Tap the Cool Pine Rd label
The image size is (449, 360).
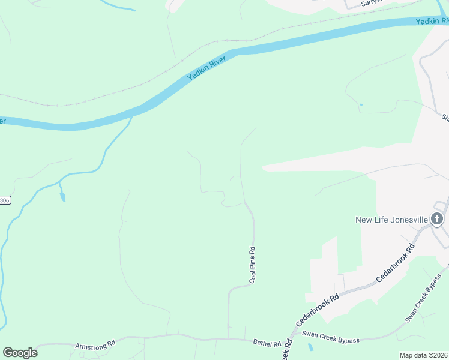253,265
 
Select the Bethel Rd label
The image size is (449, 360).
267,343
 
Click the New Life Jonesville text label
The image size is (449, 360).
392,220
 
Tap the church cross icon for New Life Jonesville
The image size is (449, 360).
437,219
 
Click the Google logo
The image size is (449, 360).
20,353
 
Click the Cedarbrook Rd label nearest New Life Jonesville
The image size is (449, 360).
395,263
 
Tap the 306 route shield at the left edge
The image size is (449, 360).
5,200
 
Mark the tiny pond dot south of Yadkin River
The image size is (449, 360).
361,105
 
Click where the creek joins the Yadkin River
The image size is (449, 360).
131,116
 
